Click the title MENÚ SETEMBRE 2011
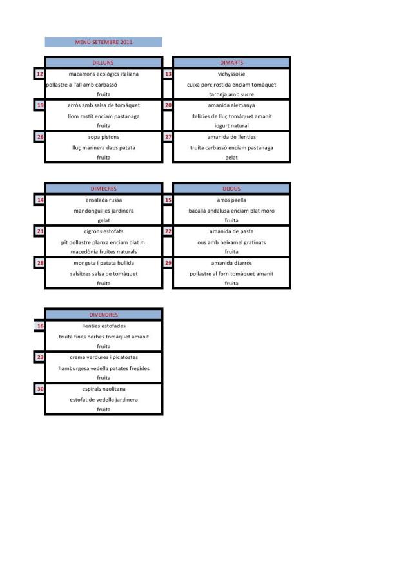point(103,43)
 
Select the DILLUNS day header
point(103,63)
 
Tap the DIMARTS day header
point(231,63)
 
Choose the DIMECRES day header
point(103,189)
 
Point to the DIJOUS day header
point(231,189)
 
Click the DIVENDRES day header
point(103,315)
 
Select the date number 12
point(39,74)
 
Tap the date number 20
point(168,105)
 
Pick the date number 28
point(39,262)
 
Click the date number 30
point(39,389)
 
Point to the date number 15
point(168,200)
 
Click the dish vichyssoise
point(231,74)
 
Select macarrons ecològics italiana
point(103,74)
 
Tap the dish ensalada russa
point(103,200)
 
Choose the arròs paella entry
point(231,200)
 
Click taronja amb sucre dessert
point(231,94)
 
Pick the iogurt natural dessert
point(231,126)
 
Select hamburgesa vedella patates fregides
point(103,368)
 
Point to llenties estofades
point(103,326)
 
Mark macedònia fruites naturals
point(103,252)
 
